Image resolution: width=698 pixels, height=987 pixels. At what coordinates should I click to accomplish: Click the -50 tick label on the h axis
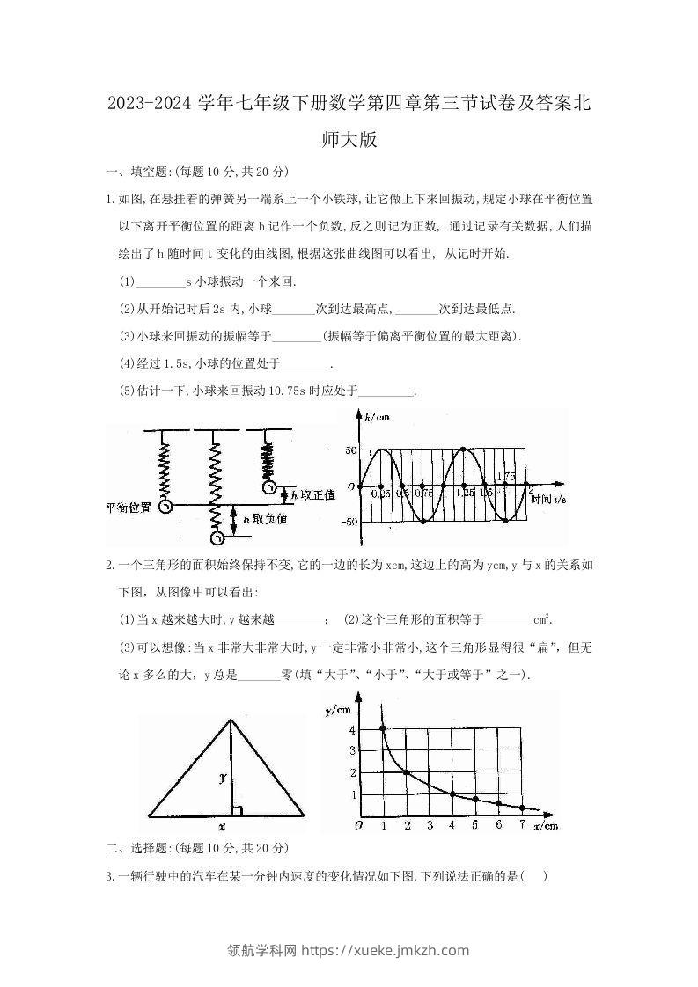point(349,522)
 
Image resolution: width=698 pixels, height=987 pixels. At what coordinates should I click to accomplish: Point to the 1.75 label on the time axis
point(505,477)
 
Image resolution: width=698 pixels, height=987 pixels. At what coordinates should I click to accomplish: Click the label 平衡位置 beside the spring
point(128,508)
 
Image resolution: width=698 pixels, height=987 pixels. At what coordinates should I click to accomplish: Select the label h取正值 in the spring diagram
point(311,495)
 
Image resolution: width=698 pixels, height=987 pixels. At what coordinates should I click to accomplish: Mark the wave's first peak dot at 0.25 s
point(379,450)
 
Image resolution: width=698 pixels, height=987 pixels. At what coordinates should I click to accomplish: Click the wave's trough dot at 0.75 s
point(423,522)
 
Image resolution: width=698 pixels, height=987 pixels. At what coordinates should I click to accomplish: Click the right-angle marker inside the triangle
point(235,808)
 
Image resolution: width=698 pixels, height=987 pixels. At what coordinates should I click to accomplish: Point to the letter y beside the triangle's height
point(224,777)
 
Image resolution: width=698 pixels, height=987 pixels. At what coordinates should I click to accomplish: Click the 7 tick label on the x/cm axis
point(521,826)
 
